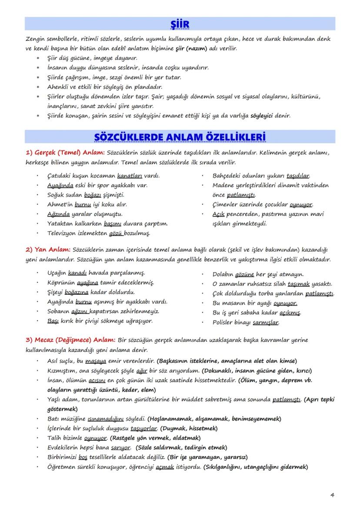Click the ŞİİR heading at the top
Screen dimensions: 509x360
coord(180,23)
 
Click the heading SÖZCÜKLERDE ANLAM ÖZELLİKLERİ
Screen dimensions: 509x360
coord(180,137)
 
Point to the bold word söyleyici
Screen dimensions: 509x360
coord(263,116)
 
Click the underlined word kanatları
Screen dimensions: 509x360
coord(130,176)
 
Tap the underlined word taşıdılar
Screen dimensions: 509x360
coord(298,176)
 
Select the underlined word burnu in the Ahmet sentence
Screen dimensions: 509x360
coord(83,204)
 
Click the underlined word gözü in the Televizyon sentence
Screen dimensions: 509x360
coord(116,233)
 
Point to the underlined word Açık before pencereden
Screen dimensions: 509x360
coord(218,214)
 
